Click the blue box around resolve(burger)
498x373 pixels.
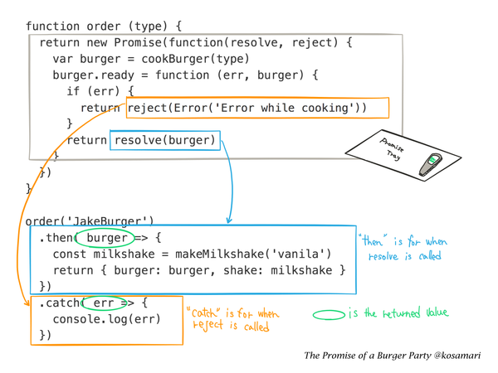[x=165, y=141]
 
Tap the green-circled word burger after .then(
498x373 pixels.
[x=106, y=238]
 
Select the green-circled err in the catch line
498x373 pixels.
[x=103, y=304]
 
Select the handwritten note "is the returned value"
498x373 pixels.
[x=398, y=313]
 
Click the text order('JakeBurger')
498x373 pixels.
[x=90, y=221]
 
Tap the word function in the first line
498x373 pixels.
[x=54, y=26]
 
